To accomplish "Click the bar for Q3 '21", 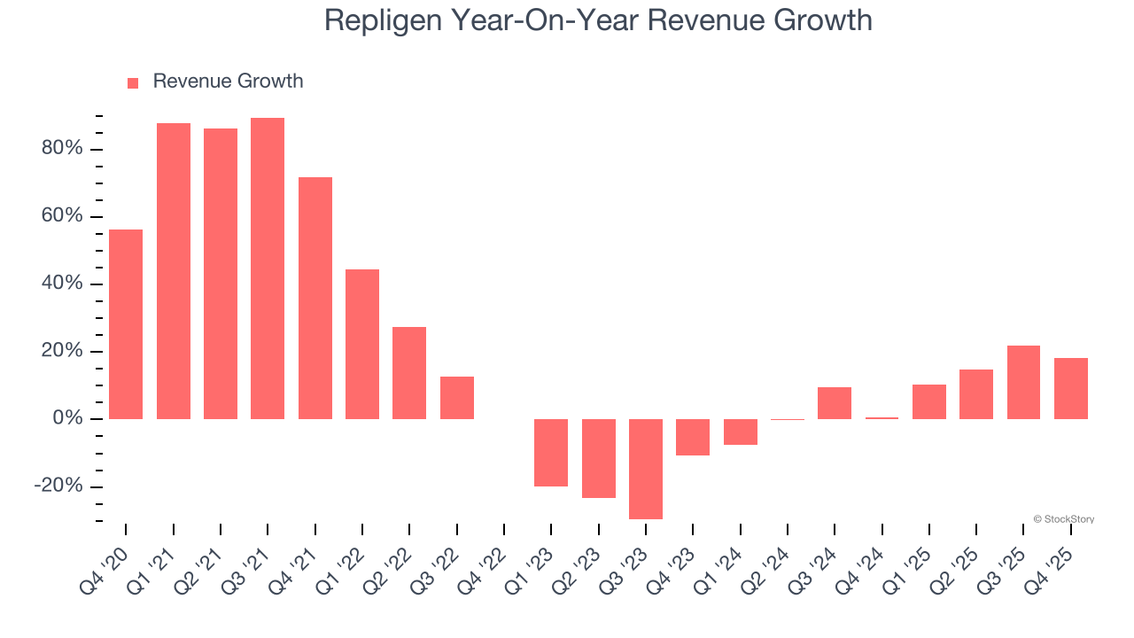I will tap(268, 268).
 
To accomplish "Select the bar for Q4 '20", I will tap(126, 324).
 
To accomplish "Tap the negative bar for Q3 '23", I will tap(646, 469).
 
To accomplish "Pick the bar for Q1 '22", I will tap(362, 344).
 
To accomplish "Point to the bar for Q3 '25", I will tap(1023, 382).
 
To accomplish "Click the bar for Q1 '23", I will tap(551, 453).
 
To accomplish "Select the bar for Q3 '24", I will tap(835, 403).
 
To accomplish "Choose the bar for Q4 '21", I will tap(315, 298).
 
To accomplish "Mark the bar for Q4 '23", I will tap(693, 437).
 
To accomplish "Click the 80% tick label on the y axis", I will tap(62, 149).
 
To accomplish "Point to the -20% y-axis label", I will tap(58, 486).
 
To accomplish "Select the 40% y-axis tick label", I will tap(62, 284).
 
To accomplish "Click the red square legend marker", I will tap(133, 82).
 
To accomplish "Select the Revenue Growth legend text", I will tap(228, 82).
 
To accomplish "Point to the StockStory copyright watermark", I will tap(1063, 519).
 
